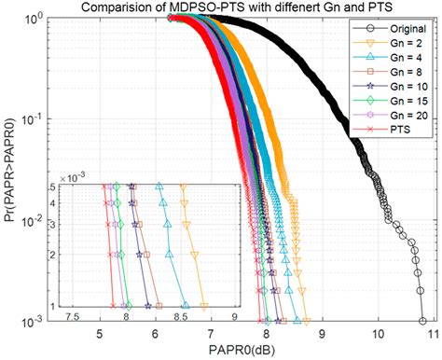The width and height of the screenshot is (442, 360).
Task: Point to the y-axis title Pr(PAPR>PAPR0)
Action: tap(10, 168)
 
